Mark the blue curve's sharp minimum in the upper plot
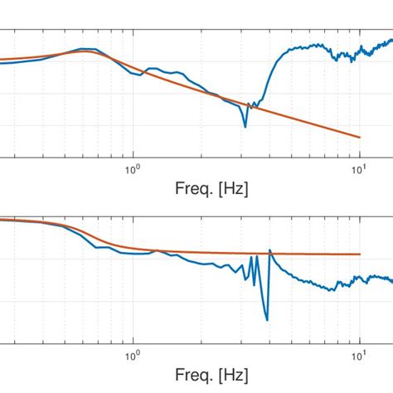pyautogui.click(x=245, y=126)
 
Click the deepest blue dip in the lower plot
pyautogui.click(x=266, y=320)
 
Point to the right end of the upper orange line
pyautogui.click(x=359, y=137)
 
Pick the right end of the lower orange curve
pyautogui.click(x=359, y=255)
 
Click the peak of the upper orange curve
pyautogui.click(x=83, y=51)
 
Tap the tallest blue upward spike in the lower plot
pyautogui.click(x=269, y=250)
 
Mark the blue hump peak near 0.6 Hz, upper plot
pyautogui.click(x=83, y=49)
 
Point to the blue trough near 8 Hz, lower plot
pyautogui.click(x=332, y=289)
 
